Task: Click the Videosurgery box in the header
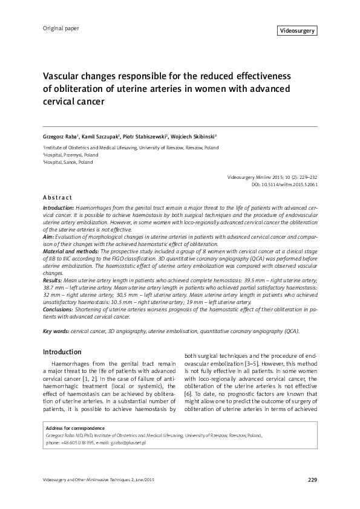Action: [298, 31]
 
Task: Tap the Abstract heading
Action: [57, 198]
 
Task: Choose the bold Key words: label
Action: [56, 331]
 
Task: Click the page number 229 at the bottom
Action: [312, 480]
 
